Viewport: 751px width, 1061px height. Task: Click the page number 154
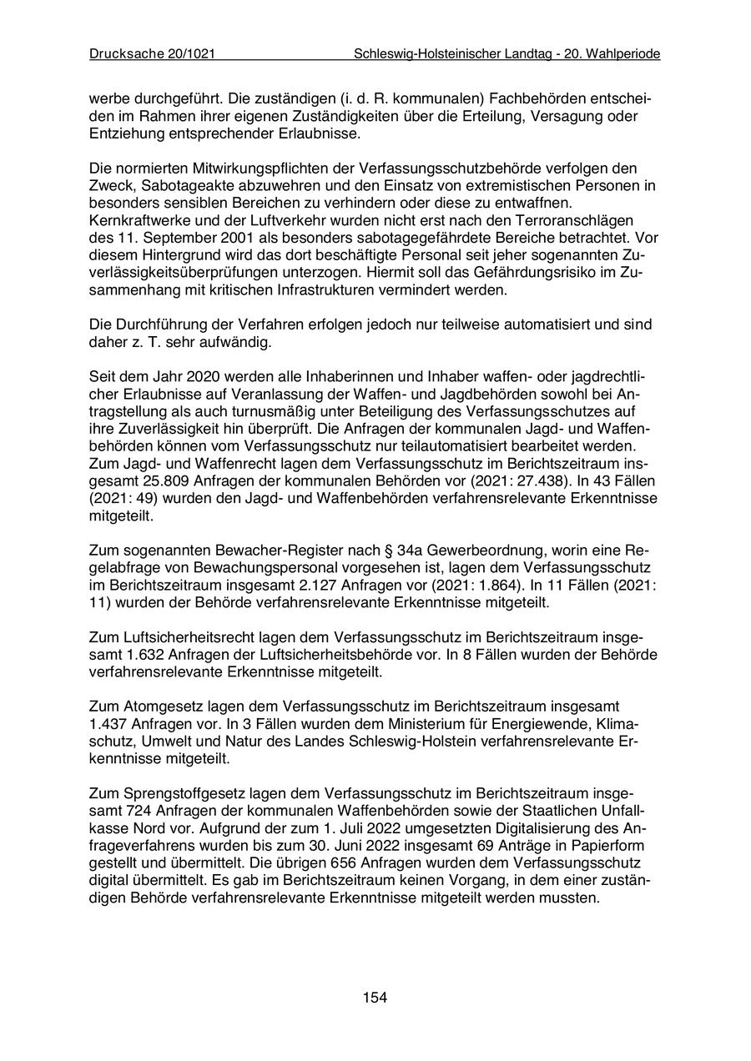pyautogui.click(x=375, y=997)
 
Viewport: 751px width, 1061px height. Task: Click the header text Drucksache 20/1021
pyautogui.click(x=153, y=53)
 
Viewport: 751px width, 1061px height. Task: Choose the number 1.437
pyautogui.click(x=111, y=723)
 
